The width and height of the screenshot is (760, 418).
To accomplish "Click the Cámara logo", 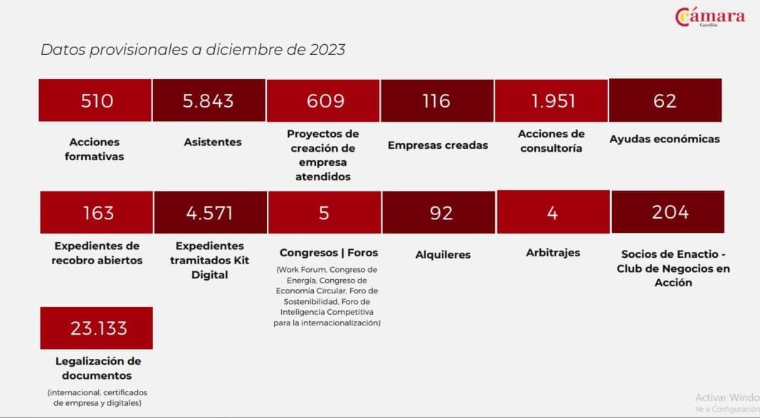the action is click(x=710, y=17).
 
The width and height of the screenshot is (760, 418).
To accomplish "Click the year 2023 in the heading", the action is click(x=327, y=49).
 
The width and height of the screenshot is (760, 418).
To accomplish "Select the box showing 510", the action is click(x=95, y=100).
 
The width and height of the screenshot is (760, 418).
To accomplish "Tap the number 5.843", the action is click(x=208, y=101).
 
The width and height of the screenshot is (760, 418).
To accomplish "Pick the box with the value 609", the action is click(x=323, y=101).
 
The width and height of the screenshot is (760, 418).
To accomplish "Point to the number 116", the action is click(x=436, y=101).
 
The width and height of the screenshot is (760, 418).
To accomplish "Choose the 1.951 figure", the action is click(x=553, y=101).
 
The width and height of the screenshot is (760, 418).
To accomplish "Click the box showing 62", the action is click(x=665, y=100).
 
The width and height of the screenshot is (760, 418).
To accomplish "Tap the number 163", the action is click(x=98, y=213).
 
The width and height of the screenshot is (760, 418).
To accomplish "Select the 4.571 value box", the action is click(x=211, y=212).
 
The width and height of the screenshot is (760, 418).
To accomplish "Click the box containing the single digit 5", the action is click(x=324, y=212).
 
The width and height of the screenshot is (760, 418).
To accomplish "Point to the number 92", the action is click(x=441, y=213).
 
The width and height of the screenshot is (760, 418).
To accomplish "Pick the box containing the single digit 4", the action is click(x=553, y=212).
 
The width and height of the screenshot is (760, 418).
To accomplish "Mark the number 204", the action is click(x=670, y=212).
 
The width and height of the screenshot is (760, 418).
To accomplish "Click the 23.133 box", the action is click(x=97, y=328).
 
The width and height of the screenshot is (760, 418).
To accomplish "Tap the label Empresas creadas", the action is click(x=438, y=145).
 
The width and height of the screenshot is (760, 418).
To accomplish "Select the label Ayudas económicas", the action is click(x=665, y=139).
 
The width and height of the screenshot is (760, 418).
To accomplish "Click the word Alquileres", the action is click(x=443, y=255).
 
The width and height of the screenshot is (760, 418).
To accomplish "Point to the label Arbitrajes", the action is click(x=553, y=253).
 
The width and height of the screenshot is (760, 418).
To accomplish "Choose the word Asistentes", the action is click(x=212, y=142).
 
